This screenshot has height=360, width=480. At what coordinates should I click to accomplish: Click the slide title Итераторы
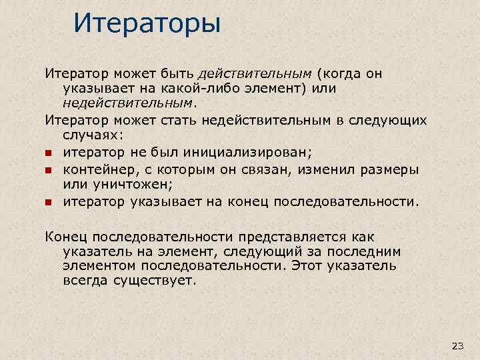(x=146, y=24)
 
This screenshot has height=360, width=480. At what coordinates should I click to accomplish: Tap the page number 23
(x=457, y=345)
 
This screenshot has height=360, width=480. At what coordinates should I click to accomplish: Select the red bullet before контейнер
(x=49, y=170)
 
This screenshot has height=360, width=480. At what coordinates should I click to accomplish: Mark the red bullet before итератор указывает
(x=49, y=201)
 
